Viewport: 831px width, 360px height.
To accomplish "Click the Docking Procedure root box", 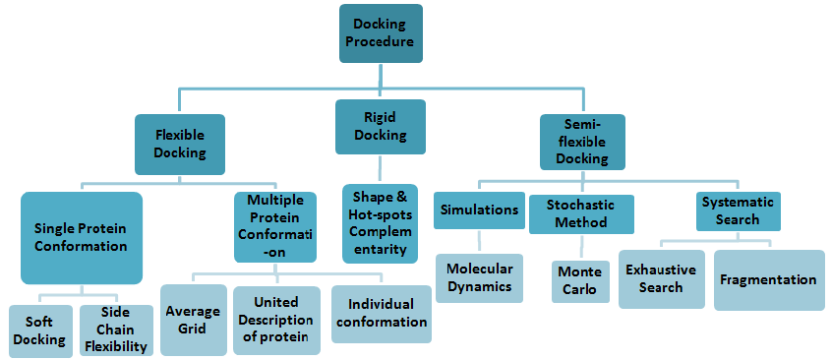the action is (x=381, y=33).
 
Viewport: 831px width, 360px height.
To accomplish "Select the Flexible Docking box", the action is (x=180, y=145).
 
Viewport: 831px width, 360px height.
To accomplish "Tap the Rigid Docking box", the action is (x=381, y=127).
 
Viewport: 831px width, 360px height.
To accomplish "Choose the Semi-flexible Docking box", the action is (x=582, y=142).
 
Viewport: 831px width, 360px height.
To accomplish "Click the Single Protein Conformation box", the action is (x=82, y=238).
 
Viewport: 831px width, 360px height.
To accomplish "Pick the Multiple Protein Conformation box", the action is (x=275, y=227).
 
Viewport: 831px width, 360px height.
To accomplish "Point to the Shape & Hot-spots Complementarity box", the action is (x=380, y=223).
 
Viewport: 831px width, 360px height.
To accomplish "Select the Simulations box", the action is (x=479, y=210).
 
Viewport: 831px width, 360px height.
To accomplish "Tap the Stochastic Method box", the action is (x=581, y=214).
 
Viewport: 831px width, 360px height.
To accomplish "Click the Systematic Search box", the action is (x=739, y=211).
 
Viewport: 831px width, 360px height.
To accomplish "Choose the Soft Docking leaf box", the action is (x=40, y=331).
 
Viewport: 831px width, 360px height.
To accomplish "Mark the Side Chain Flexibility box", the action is (x=114, y=330).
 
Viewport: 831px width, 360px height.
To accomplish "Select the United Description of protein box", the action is (x=276, y=321).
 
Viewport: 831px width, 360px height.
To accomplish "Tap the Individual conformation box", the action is (x=382, y=314).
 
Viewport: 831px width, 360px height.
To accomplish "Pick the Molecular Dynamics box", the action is (x=479, y=278).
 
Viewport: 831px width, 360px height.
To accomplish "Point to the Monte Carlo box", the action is (x=580, y=281).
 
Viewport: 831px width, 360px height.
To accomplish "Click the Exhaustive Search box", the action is (x=662, y=279).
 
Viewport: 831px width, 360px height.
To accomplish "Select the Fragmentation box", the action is (x=769, y=280).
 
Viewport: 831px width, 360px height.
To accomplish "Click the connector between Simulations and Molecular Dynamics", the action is (x=479, y=241).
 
